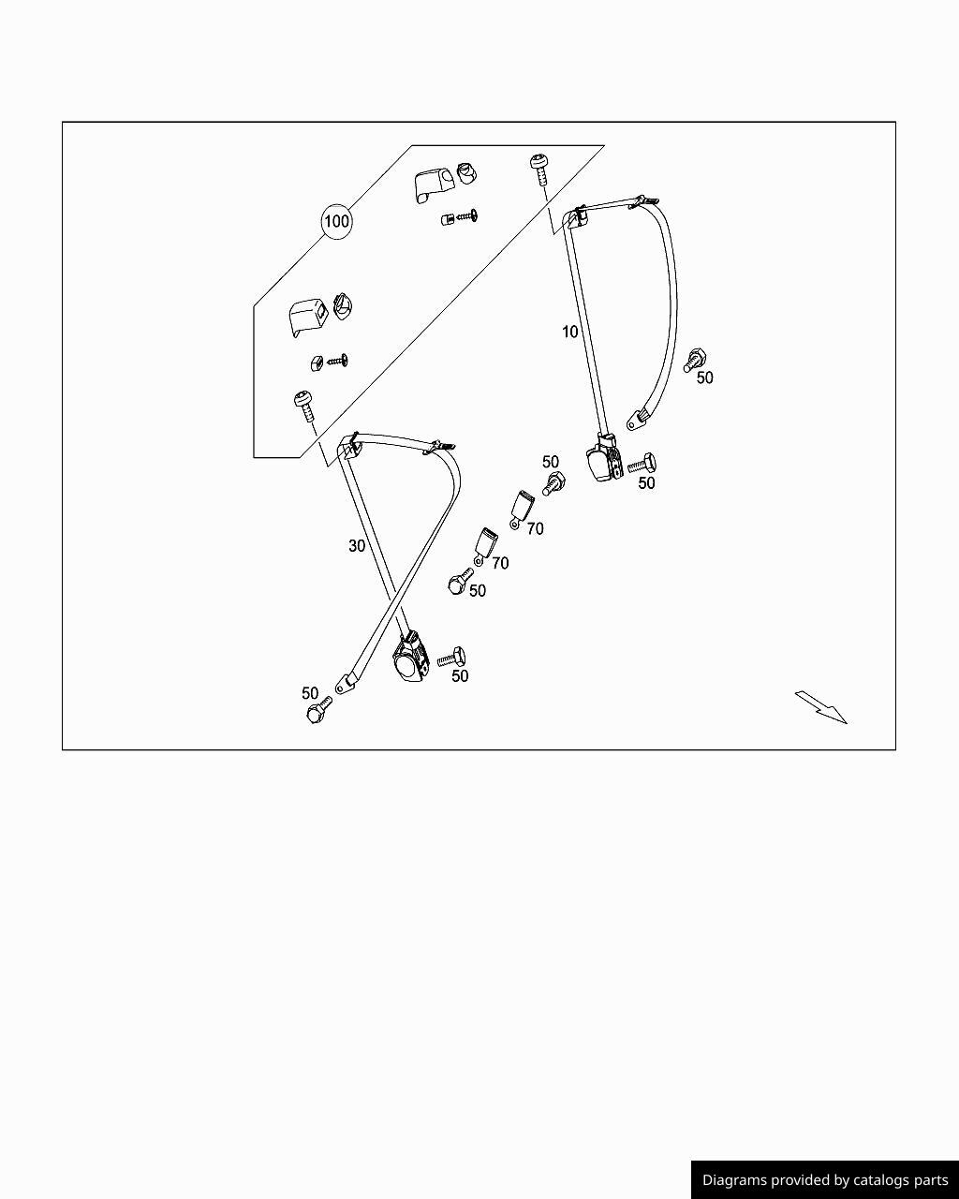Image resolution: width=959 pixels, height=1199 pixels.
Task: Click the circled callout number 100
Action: point(336,222)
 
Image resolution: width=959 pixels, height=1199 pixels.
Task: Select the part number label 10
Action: point(570,332)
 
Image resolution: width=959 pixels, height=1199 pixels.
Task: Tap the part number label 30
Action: point(357,545)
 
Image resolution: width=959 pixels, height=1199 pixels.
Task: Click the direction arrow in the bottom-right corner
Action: point(821,707)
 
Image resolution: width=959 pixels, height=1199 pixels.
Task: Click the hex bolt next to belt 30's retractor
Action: point(452,657)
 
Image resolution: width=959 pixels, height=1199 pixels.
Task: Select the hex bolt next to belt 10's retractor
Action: point(642,462)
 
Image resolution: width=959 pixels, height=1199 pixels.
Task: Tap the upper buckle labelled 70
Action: point(522,507)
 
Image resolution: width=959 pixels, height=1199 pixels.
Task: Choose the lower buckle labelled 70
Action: point(486,543)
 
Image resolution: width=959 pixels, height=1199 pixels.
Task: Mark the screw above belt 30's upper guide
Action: point(303,404)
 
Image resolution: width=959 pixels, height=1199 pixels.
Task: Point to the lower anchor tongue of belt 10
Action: point(640,418)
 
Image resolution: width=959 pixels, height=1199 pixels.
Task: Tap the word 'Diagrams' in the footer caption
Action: point(733,1180)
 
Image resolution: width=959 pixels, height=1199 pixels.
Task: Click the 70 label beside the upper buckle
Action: point(535,529)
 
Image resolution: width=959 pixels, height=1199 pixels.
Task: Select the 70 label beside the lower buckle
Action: point(500,563)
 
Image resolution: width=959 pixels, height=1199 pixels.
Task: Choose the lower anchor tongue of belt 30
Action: point(348,683)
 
